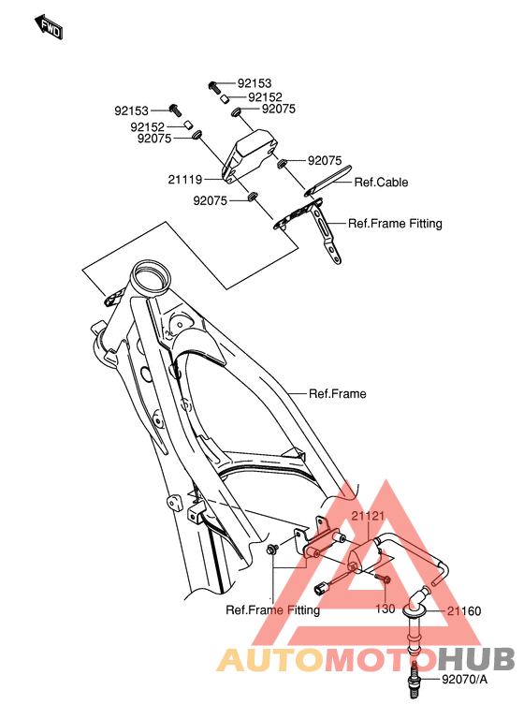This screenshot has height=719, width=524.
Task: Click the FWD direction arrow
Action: [48, 26]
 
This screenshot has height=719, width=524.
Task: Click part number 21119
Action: [184, 180]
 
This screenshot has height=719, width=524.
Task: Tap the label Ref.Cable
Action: [381, 182]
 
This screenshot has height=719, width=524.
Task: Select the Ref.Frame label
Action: [338, 393]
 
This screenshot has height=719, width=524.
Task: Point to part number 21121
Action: [368, 516]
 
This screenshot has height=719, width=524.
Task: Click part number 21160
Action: [464, 610]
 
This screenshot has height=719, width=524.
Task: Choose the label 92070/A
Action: [464, 679]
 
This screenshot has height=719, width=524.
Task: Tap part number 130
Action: [386, 609]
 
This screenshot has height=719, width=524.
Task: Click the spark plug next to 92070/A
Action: [415, 680]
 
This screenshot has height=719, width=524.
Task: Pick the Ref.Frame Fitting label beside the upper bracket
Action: [395, 224]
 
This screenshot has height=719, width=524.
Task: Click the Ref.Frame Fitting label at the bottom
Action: [273, 609]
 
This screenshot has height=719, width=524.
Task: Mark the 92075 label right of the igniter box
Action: [325, 160]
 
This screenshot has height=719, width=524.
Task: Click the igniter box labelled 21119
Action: [251, 155]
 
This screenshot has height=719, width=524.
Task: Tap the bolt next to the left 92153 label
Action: [175, 110]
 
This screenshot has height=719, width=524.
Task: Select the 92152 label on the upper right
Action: [265, 97]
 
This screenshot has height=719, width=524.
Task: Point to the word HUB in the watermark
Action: [476, 659]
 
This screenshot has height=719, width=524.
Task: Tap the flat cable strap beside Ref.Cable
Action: [328, 181]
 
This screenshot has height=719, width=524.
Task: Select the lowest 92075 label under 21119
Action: [210, 200]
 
